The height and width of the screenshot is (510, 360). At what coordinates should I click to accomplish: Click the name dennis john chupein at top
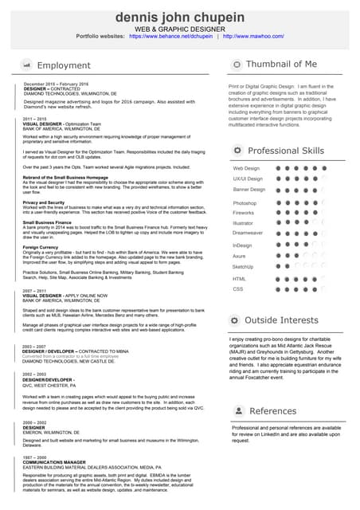[x=180, y=17]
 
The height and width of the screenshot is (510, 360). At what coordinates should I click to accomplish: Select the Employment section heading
[x=64, y=65]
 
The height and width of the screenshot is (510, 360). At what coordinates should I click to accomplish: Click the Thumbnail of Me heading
[x=281, y=64]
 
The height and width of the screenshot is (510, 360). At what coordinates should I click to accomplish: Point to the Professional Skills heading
[x=286, y=151]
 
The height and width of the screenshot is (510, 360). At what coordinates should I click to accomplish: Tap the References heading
[x=272, y=411]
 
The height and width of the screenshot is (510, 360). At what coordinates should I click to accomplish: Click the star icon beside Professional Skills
[x=237, y=151]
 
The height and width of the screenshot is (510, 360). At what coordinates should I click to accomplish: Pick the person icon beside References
[x=237, y=411]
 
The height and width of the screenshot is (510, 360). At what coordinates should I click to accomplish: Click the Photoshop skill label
[x=245, y=203]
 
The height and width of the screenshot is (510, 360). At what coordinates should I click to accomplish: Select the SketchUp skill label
[x=244, y=267]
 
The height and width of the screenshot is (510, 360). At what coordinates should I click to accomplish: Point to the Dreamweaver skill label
[x=248, y=232]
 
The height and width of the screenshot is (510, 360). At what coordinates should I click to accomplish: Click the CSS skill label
[x=238, y=289]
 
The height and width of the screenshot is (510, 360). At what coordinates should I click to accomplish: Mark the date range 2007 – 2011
[x=35, y=291]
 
